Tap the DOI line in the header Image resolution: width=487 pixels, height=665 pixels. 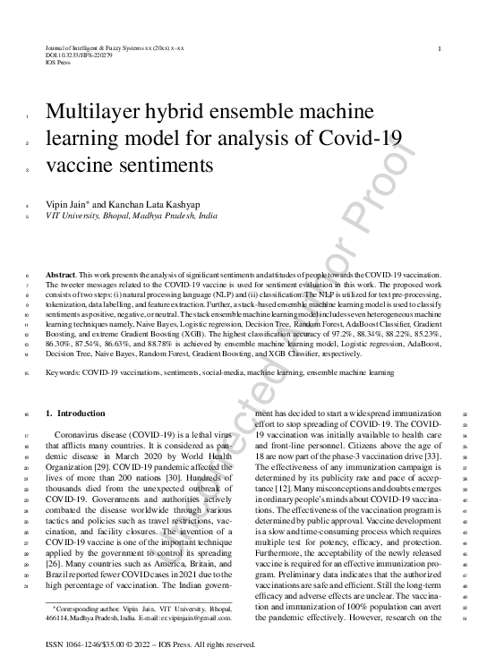point(79,55)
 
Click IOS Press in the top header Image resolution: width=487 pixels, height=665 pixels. point(58,64)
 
